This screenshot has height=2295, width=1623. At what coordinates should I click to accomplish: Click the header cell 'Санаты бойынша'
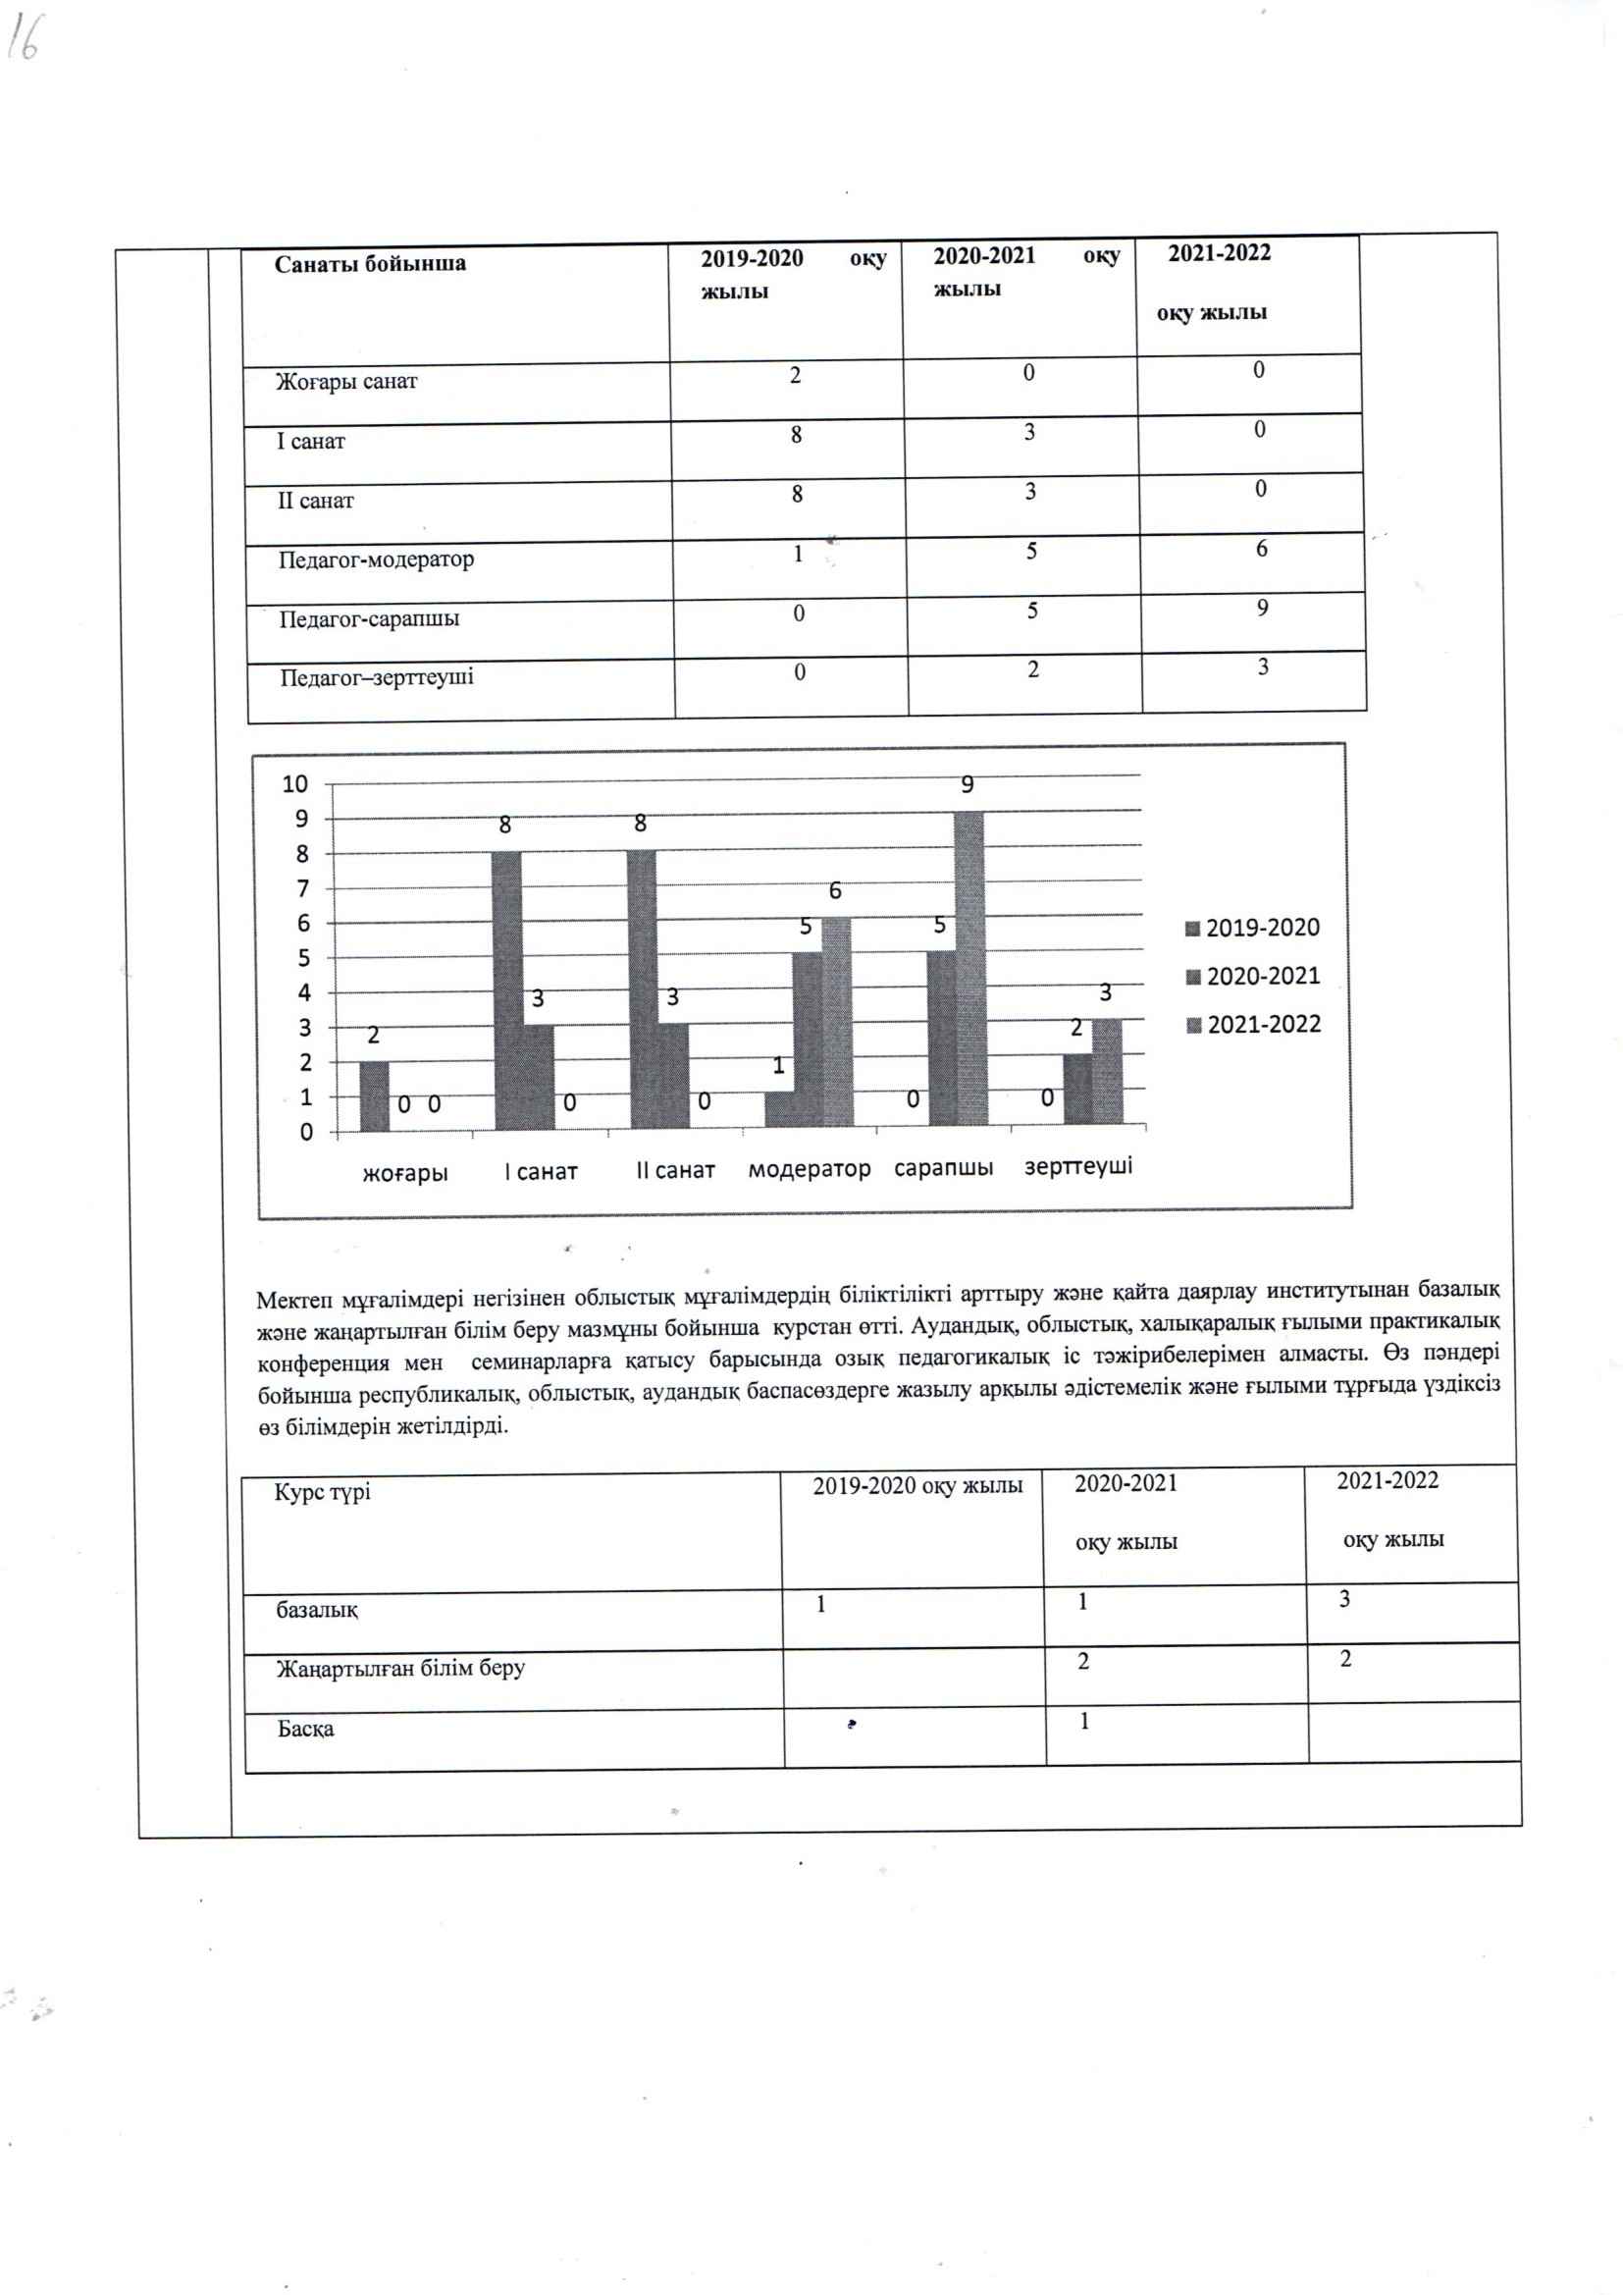click(370, 264)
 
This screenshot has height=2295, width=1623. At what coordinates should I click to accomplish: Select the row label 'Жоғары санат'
click(345, 381)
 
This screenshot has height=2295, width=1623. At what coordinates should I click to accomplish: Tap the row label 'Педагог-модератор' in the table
click(376, 559)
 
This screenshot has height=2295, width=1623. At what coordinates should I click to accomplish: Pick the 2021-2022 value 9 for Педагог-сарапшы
click(1262, 608)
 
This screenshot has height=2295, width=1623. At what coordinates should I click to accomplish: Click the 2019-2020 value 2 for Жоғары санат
click(795, 376)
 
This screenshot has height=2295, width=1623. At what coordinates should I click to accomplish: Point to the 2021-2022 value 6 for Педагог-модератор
click(1261, 549)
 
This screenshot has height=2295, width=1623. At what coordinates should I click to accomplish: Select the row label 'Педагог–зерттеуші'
click(377, 677)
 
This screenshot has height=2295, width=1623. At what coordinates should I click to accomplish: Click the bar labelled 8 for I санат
click(505, 989)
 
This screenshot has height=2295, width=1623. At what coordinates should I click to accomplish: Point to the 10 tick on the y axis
click(294, 784)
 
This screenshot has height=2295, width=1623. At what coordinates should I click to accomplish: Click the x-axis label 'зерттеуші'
click(1077, 1166)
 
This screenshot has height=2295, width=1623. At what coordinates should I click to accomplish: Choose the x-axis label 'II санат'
click(675, 1169)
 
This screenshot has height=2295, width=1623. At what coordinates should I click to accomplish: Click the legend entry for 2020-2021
click(1253, 977)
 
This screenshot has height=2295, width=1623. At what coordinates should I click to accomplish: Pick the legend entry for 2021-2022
click(1254, 1025)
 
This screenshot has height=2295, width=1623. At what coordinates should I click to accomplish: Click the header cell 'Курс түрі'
click(322, 1492)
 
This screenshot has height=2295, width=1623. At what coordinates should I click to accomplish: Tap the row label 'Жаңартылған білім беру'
click(399, 1669)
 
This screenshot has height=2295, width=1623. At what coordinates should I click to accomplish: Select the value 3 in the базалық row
click(1344, 1599)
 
